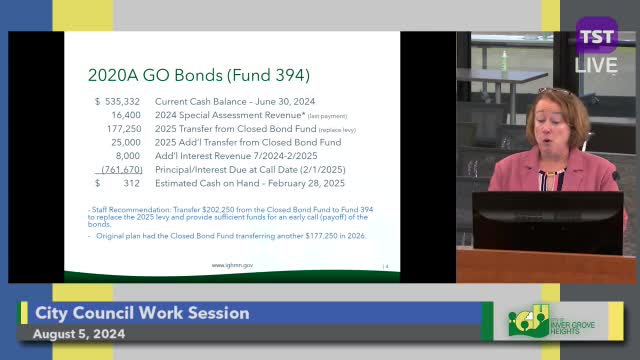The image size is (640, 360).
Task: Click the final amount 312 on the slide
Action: tap(131, 183)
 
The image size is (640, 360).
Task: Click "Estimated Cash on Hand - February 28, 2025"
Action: tap(249, 183)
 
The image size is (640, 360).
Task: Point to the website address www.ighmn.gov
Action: tap(230, 265)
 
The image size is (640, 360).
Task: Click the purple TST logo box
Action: tap(597, 38)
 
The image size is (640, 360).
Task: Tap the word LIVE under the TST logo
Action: tap(597, 65)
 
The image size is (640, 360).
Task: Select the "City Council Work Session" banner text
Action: tap(142, 313)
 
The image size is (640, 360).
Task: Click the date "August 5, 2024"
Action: tap(80, 334)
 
